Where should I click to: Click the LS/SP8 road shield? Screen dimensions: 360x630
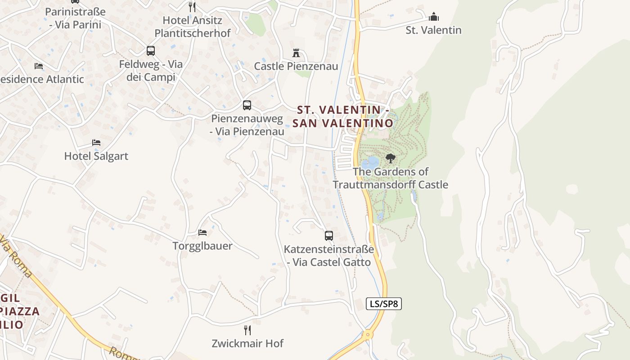(383, 304)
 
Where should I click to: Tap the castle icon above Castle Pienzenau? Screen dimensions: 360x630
(296, 53)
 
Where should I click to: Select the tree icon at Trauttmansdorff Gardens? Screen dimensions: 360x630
(391, 158)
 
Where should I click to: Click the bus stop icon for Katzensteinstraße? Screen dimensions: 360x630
(329, 235)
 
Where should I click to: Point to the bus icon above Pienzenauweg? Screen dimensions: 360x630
(247, 105)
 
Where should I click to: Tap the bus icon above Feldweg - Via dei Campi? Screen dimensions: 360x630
(151, 51)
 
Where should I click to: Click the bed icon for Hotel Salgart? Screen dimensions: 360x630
(96, 143)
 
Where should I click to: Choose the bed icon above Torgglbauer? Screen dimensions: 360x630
(202, 233)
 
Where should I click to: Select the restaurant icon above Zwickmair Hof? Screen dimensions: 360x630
(247, 330)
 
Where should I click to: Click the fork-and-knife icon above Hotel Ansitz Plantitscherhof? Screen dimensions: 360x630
(192, 7)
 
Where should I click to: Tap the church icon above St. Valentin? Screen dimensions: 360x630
(434, 17)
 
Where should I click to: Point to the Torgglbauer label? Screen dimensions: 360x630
(202, 246)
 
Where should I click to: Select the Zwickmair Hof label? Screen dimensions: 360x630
(247, 344)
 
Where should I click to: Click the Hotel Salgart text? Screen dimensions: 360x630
(96, 156)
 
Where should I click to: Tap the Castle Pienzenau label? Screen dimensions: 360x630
(296, 67)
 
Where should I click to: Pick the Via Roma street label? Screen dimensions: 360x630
(16, 256)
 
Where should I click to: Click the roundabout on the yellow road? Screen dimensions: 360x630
(368, 335)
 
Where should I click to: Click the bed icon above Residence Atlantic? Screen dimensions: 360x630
(39, 66)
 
